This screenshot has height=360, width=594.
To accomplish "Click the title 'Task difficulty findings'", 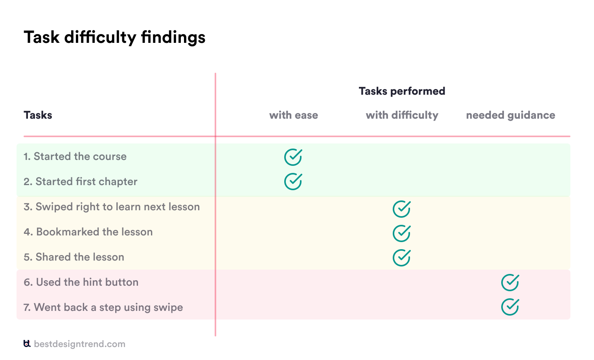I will (114, 38).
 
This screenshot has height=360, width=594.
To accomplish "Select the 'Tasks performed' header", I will (402, 91).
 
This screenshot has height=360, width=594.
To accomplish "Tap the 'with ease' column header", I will (293, 115).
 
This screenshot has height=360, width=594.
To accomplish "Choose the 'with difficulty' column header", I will (402, 115).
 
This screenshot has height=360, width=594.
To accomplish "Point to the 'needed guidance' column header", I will (510, 115).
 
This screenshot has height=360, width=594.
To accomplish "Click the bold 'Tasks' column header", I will (38, 115).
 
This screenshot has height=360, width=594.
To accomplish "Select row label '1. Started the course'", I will (75, 156).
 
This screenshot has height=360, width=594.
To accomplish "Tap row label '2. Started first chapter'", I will (80, 182).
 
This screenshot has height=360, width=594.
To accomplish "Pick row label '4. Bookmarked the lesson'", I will (88, 232).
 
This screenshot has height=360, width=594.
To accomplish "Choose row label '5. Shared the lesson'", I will (74, 257).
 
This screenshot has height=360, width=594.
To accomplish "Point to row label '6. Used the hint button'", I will (81, 282).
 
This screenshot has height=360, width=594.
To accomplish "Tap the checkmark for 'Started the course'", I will (293, 157).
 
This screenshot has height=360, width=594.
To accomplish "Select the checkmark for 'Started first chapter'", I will (293, 182).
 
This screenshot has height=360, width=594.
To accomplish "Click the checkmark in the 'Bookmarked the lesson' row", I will (401, 233).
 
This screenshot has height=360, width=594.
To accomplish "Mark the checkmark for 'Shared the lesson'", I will (401, 258).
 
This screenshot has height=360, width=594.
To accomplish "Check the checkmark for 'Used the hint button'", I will (510, 283).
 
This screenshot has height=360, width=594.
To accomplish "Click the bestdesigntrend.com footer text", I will (79, 344).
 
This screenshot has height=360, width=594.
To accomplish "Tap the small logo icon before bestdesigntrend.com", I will (27, 344).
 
